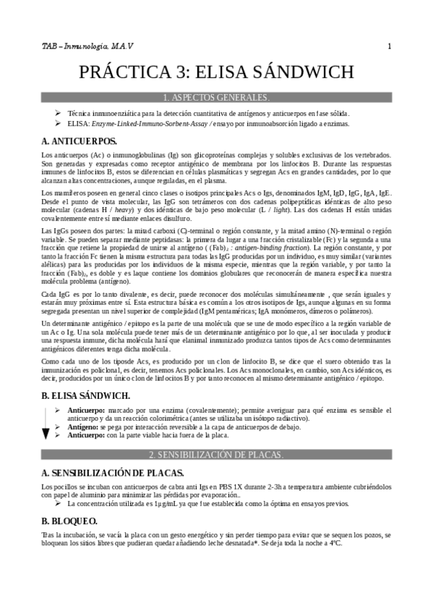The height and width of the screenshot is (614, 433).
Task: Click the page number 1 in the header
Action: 389,47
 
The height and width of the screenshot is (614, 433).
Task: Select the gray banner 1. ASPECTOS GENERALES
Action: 216,97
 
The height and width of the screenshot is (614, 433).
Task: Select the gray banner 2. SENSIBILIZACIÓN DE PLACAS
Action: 216,454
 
